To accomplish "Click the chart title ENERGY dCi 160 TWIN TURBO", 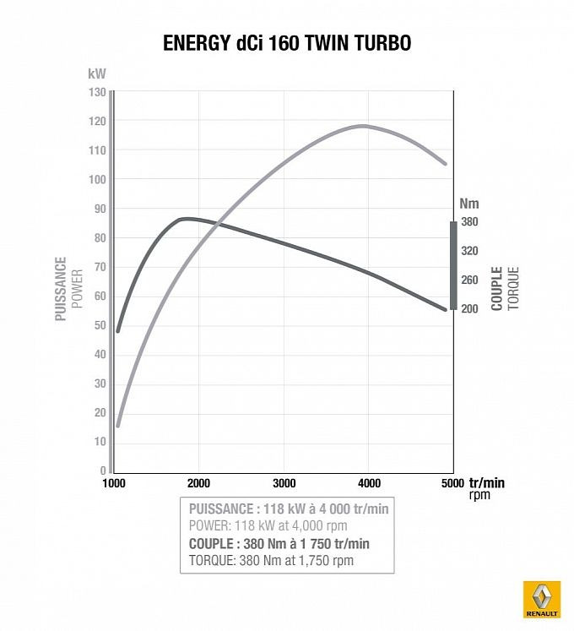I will pyautogui.click(x=287, y=43).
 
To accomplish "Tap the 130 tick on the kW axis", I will pyautogui.click(x=96, y=92).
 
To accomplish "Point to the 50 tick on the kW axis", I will pyautogui.click(x=100, y=325).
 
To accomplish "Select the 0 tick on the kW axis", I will pyautogui.click(x=102, y=471).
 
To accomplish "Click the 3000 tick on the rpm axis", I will pyautogui.click(x=284, y=484).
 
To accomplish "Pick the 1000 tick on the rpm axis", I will pyautogui.click(x=114, y=484).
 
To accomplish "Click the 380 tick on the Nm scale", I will pyautogui.click(x=470, y=222).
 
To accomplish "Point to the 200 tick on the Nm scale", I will pyautogui.click(x=470, y=309).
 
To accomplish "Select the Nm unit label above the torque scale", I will pyautogui.click(x=469, y=203).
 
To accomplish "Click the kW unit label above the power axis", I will pyautogui.click(x=96, y=73).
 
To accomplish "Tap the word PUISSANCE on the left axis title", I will pyautogui.click(x=61, y=289).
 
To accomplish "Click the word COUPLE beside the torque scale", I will pyautogui.click(x=497, y=289).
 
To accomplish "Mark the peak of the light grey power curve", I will pyautogui.click(x=364, y=126).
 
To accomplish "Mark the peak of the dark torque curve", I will pyautogui.click(x=186, y=219).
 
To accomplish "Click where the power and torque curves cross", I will pyautogui.click(x=219, y=225).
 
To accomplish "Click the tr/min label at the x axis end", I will pyautogui.click(x=486, y=483).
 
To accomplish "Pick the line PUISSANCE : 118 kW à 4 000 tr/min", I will pyautogui.click(x=287, y=509).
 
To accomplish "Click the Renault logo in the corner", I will pyautogui.click(x=543, y=601).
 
